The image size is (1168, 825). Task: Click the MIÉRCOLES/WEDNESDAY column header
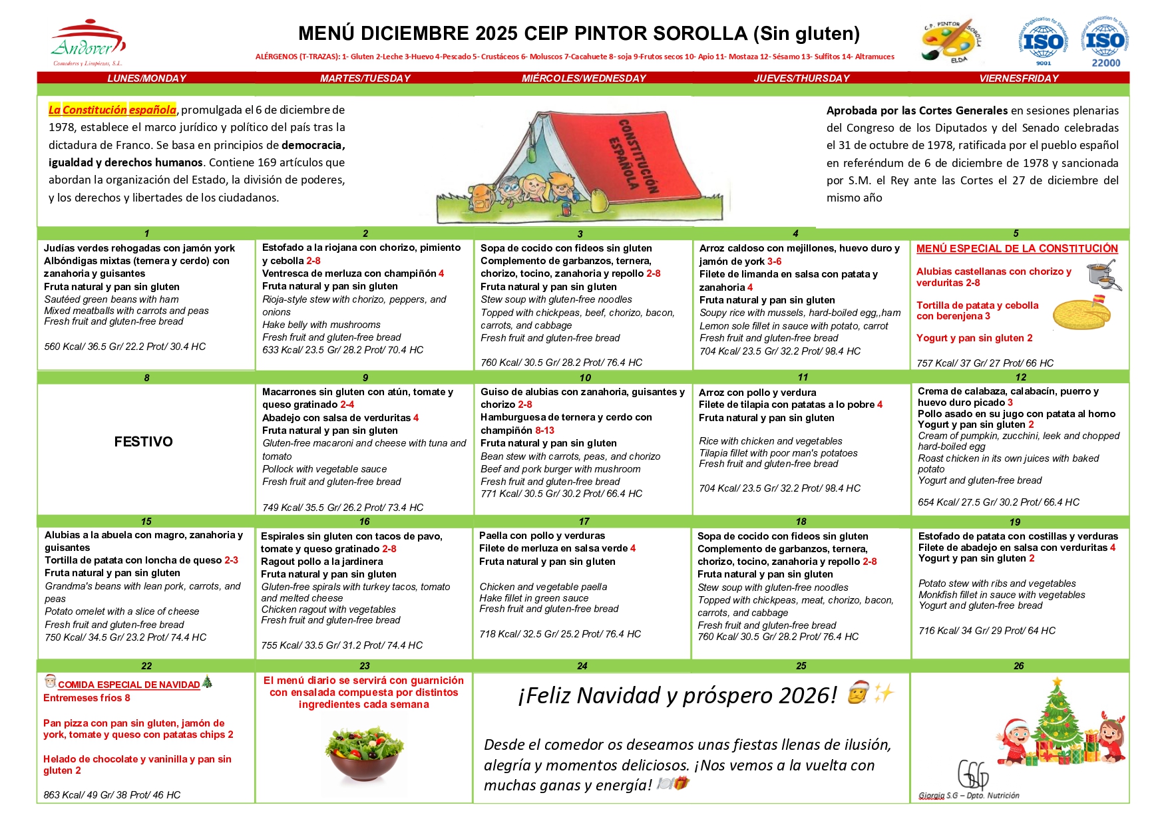pyautogui.click(x=584, y=79)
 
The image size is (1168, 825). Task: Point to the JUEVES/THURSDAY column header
pyautogui.click(x=801, y=79)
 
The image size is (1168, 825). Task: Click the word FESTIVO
pyautogui.click(x=143, y=442)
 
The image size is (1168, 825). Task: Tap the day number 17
pyautogui.click(x=584, y=522)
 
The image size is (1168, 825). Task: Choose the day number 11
pyautogui.click(x=803, y=377)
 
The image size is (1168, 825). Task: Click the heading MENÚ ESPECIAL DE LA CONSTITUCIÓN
pyautogui.click(x=1017, y=249)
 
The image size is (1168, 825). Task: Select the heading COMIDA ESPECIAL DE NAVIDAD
pyautogui.click(x=128, y=685)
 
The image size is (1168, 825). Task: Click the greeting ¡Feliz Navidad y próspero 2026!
pyautogui.click(x=677, y=695)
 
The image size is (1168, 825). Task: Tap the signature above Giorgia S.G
pyautogui.click(x=973, y=775)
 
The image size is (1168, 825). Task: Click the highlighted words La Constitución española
pyautogui.click(x=112, y=110)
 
